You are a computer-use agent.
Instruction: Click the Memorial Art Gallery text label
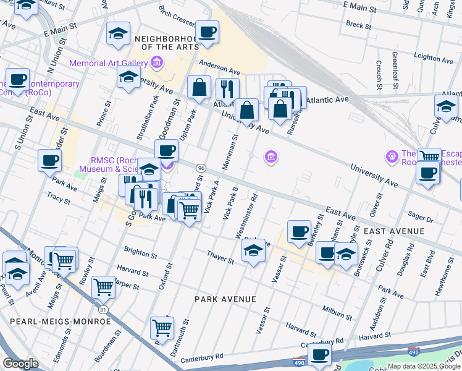[x=108, y=63]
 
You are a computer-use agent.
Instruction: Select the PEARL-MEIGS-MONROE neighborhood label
[x=60, y=322]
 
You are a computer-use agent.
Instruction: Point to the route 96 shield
[x=201, y=168]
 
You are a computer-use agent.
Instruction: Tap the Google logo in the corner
[x=20, y=364]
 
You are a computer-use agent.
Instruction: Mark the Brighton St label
[x=140, y=254]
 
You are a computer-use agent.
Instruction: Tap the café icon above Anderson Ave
[x=207, y=32]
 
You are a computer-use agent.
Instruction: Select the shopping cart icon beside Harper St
[x=103, y=286]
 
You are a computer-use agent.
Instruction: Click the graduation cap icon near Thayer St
[x=253, y=251]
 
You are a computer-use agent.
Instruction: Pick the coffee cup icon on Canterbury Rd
[x=319, y=354]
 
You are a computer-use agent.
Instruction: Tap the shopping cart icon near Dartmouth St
[x=162, y=327]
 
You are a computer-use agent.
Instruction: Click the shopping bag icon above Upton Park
[x=199, y=88]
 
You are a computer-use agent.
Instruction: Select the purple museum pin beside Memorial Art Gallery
[x=157, y=63]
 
